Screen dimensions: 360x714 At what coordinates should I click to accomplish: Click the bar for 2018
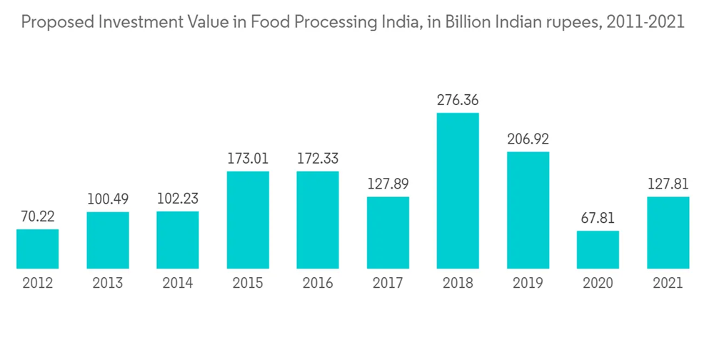pos(458,191)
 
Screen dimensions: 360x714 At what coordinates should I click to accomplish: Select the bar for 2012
pos(37,249)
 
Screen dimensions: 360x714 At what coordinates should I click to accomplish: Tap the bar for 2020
pos(598,249)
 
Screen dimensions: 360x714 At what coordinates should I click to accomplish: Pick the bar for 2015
pos(248,220)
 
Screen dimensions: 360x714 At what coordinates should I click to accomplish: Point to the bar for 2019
pos(528,210)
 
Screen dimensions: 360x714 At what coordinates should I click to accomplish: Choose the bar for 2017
pos(388,232)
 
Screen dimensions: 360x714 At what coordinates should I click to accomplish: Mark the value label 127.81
pos(668,184)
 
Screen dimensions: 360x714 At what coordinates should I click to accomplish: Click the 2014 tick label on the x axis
pos(178,284)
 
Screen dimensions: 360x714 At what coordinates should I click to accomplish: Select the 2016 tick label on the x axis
pos(318,284)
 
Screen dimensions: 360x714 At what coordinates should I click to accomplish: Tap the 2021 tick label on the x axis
pos(668,284)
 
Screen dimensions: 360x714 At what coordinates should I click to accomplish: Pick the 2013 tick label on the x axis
pos(108,284)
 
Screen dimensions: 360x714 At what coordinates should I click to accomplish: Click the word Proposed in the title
pos(52,23)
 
